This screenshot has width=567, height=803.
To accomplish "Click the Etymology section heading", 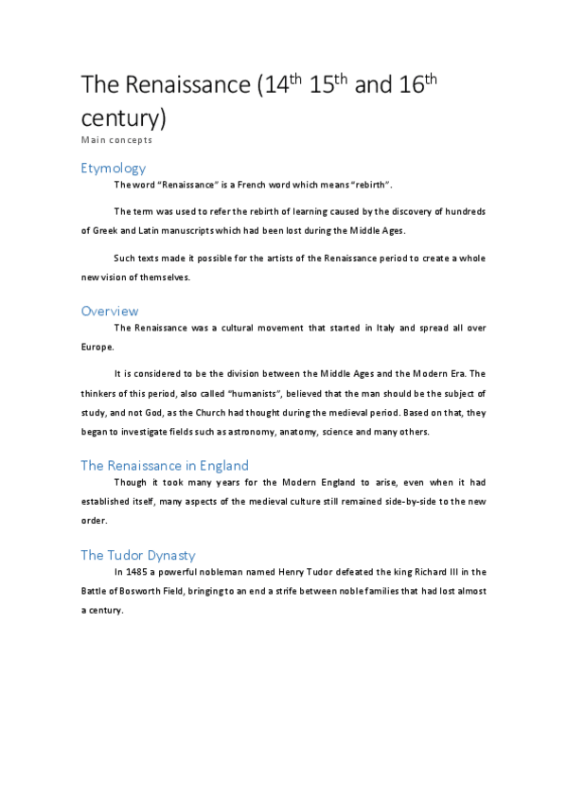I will click(x=114, y=169).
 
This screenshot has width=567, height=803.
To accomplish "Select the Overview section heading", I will click(x=110, y=311).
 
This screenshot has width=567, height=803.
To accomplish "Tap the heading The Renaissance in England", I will click(x=165, y=465).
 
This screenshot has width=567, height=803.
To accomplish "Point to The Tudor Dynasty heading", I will click(x=138, y=555).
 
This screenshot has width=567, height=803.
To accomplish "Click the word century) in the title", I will click(x=124, y=118).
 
